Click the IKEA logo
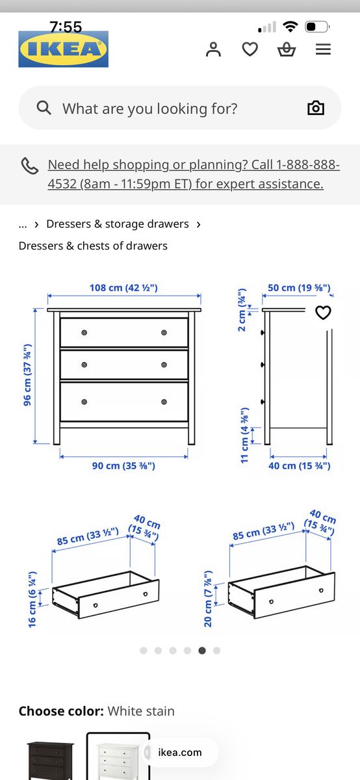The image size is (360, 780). click(x=64, y=49)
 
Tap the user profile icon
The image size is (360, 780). click(x=213, y=49)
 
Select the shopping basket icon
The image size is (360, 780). click(x=287, y=49)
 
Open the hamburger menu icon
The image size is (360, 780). click(x=323, y=49)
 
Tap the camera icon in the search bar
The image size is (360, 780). click(x=316, y=108)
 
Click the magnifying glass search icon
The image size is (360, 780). click(x=44, y=108)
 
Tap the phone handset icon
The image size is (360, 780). click(x=30, y=166)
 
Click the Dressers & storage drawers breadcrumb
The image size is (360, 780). click(x=118, y=224)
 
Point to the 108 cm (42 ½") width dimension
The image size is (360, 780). click(x=123, y=288)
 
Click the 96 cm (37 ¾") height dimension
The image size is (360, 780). click(x=27, y=375)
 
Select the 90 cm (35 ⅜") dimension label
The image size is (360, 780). click(x=123, y=466)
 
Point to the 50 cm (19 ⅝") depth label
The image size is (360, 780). click(x=299, y=288)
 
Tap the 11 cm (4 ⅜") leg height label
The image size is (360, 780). click(x=245, y=435)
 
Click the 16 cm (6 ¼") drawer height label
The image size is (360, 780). click(x=32, y=599)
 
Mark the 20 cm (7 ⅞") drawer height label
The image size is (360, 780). click(x=208, y=599)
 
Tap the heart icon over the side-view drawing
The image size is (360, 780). click(x=323, y=313)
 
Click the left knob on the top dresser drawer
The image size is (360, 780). click(x=84, y=333)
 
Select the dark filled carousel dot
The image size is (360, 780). click(x=202, y=651)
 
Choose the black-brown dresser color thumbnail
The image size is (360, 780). click(x=51, y=760)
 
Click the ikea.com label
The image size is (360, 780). click(x=179, y=752)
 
